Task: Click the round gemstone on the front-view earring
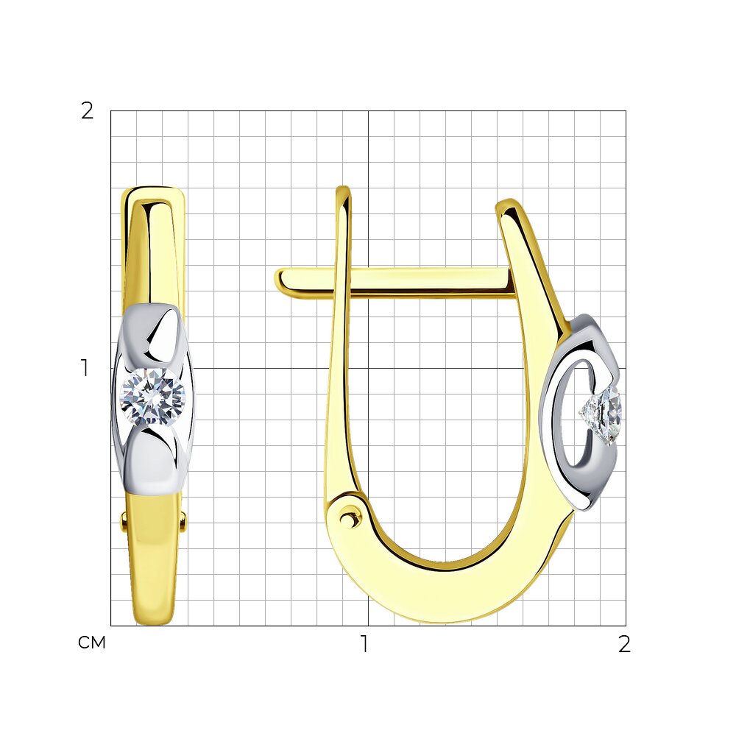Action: pyautogui.click(x=153, y=397)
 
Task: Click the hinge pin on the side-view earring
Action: pyautogui.click(x=349, y=519)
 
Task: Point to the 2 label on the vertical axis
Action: pyautogui.click(x=88, y=111)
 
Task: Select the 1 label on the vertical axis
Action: pyautogui.click(x=85, y=368)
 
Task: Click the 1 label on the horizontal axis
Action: pyautogui.click(x=364, y=644)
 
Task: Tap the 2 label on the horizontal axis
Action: pyautogui.click(x=624, y=645)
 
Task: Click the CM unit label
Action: pyautogui.click(x=92, y=643)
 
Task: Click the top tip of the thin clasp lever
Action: pyautogui.click(x=344, y=188)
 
